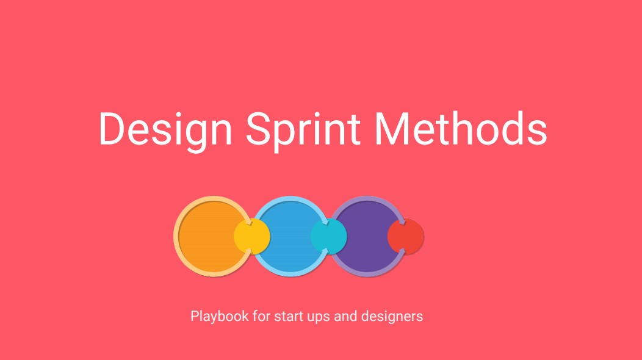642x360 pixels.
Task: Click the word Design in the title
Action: tap(166, 131)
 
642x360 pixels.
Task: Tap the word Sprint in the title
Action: tap(303, 131)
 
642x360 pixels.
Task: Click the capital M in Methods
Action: tap(392, 128)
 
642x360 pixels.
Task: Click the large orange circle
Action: tap(212, 237)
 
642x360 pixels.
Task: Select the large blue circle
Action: tap(290, 237)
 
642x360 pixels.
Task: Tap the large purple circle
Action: tap(367, 237)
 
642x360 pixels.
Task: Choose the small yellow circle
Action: tap(252, 236)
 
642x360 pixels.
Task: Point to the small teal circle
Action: tap(329, 236)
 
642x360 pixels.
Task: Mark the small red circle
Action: tap(406, 236)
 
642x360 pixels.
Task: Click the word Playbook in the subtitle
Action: tap(220, 317)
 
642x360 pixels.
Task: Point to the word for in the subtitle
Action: tap(261, 316)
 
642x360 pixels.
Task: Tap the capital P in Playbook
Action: tap(195, 316)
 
